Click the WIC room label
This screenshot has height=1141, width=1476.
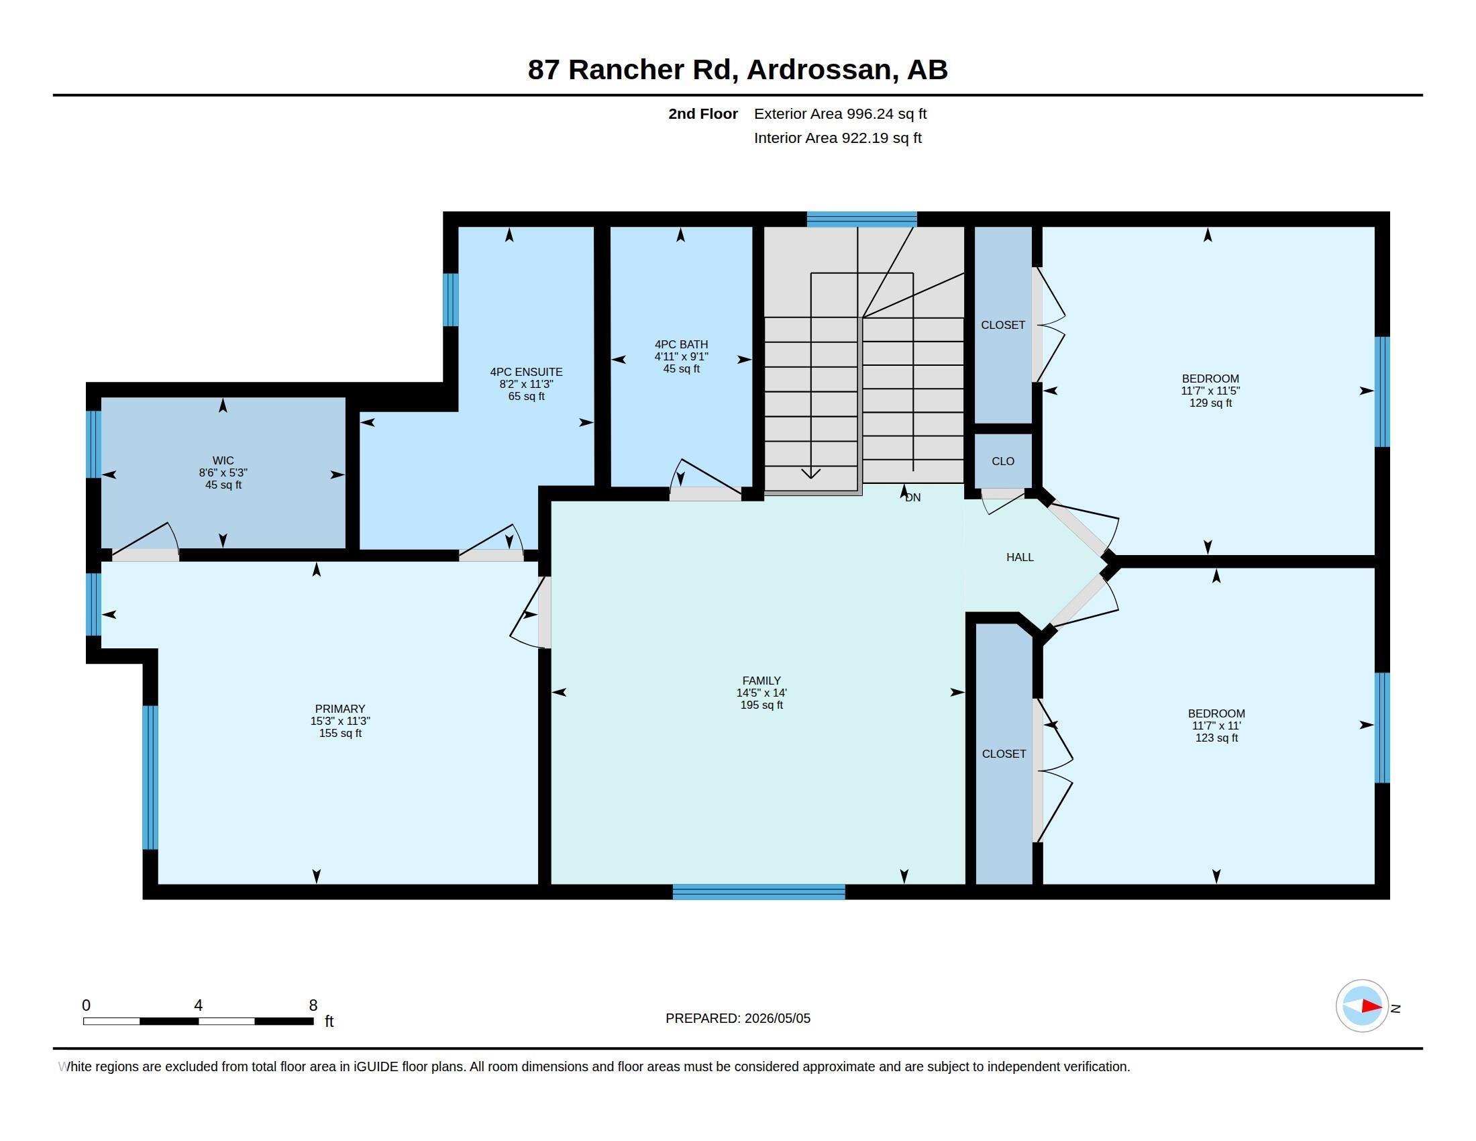tap(223, 460)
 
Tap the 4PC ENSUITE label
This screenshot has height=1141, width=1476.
tap(527, 372)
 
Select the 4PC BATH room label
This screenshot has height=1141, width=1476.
tap(681, 344)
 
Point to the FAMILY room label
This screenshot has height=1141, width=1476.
tap(761, 681)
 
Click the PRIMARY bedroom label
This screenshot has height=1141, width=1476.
tap(340, 709)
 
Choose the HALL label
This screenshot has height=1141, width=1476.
tap(1020, 557)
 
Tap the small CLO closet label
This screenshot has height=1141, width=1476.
tap(1003, 461)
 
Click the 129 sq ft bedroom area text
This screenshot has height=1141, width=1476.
tap(1210, 403)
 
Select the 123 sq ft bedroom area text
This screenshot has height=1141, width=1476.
tap(1216, 738)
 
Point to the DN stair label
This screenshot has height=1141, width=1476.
tap(913, 497)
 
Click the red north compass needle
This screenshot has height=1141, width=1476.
tap(1371, 1006)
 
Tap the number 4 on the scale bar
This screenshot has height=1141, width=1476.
tap(198, 1005)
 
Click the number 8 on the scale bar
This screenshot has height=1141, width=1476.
tap(313, 1005)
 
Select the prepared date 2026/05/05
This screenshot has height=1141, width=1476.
tap(777, 1018)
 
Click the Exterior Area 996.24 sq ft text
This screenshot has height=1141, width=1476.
tap(840, 113)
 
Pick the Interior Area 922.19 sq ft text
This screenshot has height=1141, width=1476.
tap(837, 138)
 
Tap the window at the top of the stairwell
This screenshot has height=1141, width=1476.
tap(861, 219)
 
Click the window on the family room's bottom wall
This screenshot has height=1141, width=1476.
tap(759, 891)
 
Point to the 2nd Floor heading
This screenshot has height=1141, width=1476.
tap(703, 113)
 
